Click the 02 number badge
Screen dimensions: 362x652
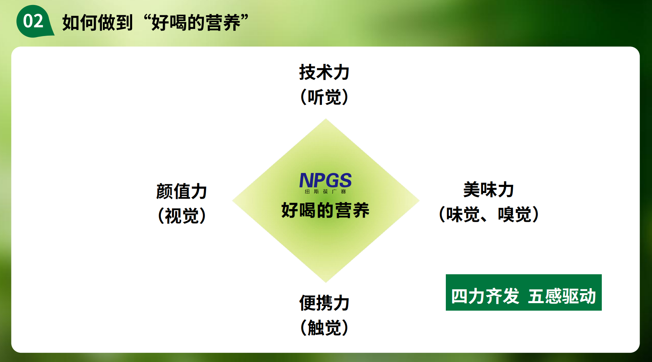coord(34,21)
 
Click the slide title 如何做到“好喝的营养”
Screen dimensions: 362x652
coord(155,23)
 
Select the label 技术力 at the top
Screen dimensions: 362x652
coord(324,72)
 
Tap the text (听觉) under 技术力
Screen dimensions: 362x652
coord(324,97)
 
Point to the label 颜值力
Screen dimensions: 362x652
coord(182,192)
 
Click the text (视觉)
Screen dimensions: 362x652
coord(182,216)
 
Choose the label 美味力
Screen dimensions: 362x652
coord(488,190)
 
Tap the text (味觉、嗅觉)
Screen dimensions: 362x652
coord(488,214)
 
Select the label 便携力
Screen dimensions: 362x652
coord(324,303)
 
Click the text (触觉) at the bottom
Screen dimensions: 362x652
coord(324,327)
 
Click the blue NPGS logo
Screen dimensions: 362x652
coord(325,180)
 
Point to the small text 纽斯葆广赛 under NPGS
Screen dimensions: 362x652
coord(325,192)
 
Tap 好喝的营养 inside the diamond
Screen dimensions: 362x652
coord(325,210)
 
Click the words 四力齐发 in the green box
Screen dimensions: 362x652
coord(485,296)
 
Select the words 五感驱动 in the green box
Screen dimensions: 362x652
coord(562,296)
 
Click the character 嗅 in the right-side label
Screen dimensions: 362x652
coord(506,214)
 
